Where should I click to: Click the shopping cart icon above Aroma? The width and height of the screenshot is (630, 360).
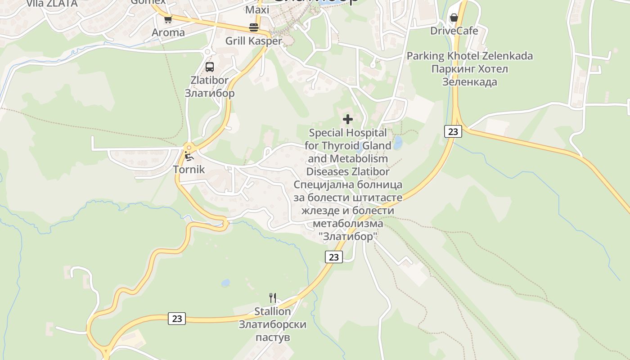pyautogui.click(x=168, y=19)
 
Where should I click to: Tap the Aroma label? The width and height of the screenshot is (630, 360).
pyautogui.click(x=168, y=32)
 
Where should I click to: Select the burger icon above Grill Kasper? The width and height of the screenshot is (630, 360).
pyautogui.click(x=254, y=27)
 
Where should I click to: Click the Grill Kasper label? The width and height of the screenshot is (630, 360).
pyautogui.click(x=253, y=41)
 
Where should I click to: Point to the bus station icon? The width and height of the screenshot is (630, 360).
pyautogui.click(x=210, y=67)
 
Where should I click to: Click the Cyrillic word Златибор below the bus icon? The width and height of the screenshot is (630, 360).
pyautogui.click(x=210, y=93)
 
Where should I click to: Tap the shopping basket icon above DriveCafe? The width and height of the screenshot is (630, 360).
pyautogui.click(x=454, y=18)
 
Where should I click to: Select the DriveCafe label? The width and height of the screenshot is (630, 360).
pyautogui.click(x=454, y=31)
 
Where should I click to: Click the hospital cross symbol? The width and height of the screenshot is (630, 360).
pyautogui.click(x=348, y=119)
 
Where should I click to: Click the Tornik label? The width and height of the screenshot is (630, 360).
pyautogui.click(x=189, y=170)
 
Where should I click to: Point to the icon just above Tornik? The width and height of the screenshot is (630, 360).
pyautogui.click(x=189, y=156)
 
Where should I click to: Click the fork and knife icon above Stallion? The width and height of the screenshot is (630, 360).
pyautogui.click(x=272, y=297)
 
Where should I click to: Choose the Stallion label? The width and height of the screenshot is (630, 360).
pyautogui.click(x=272, y=311)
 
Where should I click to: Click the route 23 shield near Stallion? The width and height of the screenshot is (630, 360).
pyautogui.click(x=177, y=318)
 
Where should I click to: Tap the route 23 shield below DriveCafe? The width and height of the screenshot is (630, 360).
pyautogui.click(x=453, y=131)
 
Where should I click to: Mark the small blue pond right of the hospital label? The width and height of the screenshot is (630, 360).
pyautogui.click(x=398, y=143)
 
